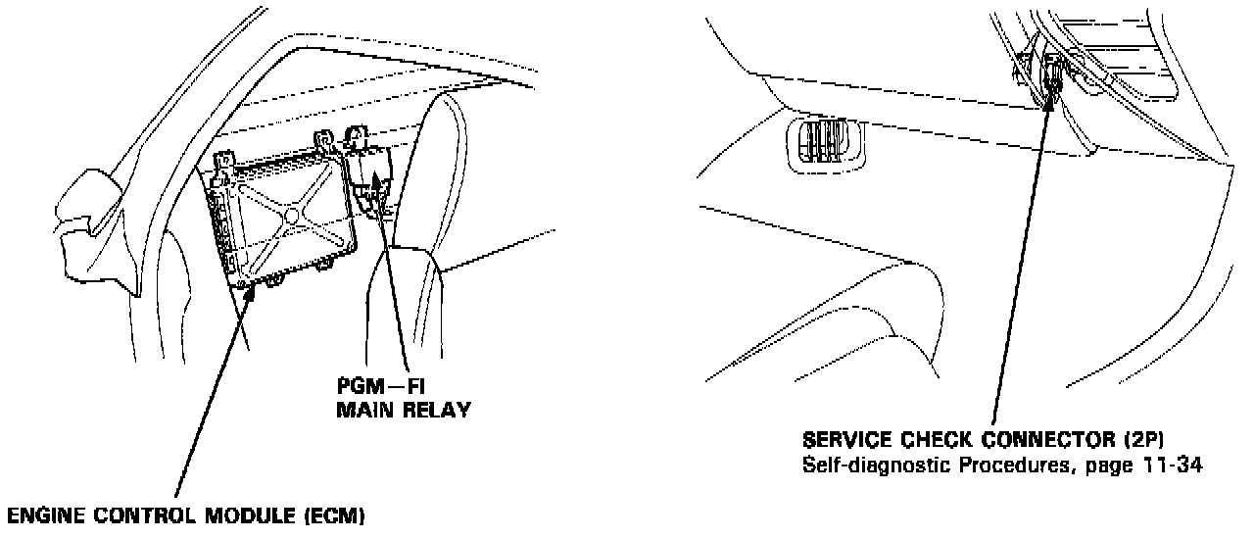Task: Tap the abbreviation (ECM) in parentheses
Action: point(334,515)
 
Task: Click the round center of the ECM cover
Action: point(292,214)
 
